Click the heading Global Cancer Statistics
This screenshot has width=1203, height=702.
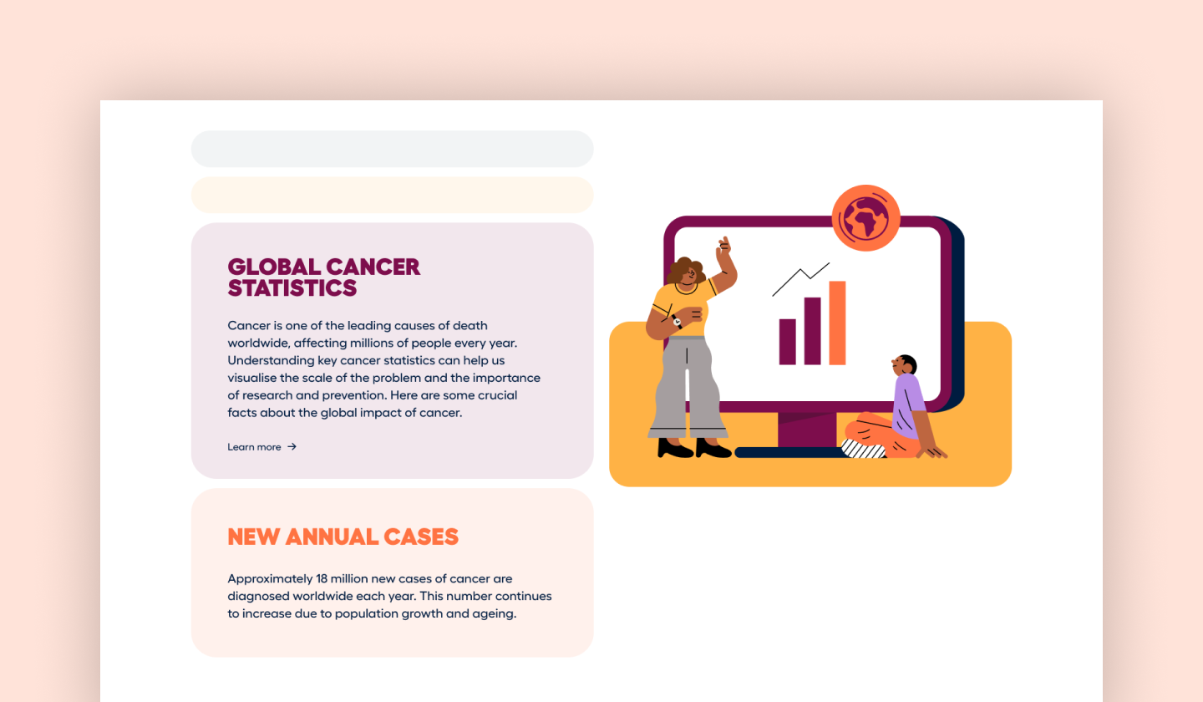323,277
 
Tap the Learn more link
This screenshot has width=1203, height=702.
254,447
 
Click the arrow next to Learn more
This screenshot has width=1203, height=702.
292,447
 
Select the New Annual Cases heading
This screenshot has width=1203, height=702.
343,537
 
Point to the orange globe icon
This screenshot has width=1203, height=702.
865,218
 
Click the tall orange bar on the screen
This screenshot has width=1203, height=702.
837,323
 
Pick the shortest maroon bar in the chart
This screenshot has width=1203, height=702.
787,342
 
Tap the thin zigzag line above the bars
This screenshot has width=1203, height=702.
800,277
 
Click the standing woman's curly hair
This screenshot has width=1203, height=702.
685,270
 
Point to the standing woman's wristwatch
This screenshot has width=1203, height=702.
677,321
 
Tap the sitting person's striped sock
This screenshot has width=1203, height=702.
863,450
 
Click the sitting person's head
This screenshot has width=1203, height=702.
905,365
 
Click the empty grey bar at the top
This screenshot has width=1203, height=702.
392,149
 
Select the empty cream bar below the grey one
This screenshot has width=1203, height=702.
392,195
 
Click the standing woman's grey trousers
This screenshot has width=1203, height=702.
687,389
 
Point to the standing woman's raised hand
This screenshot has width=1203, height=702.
724,245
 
